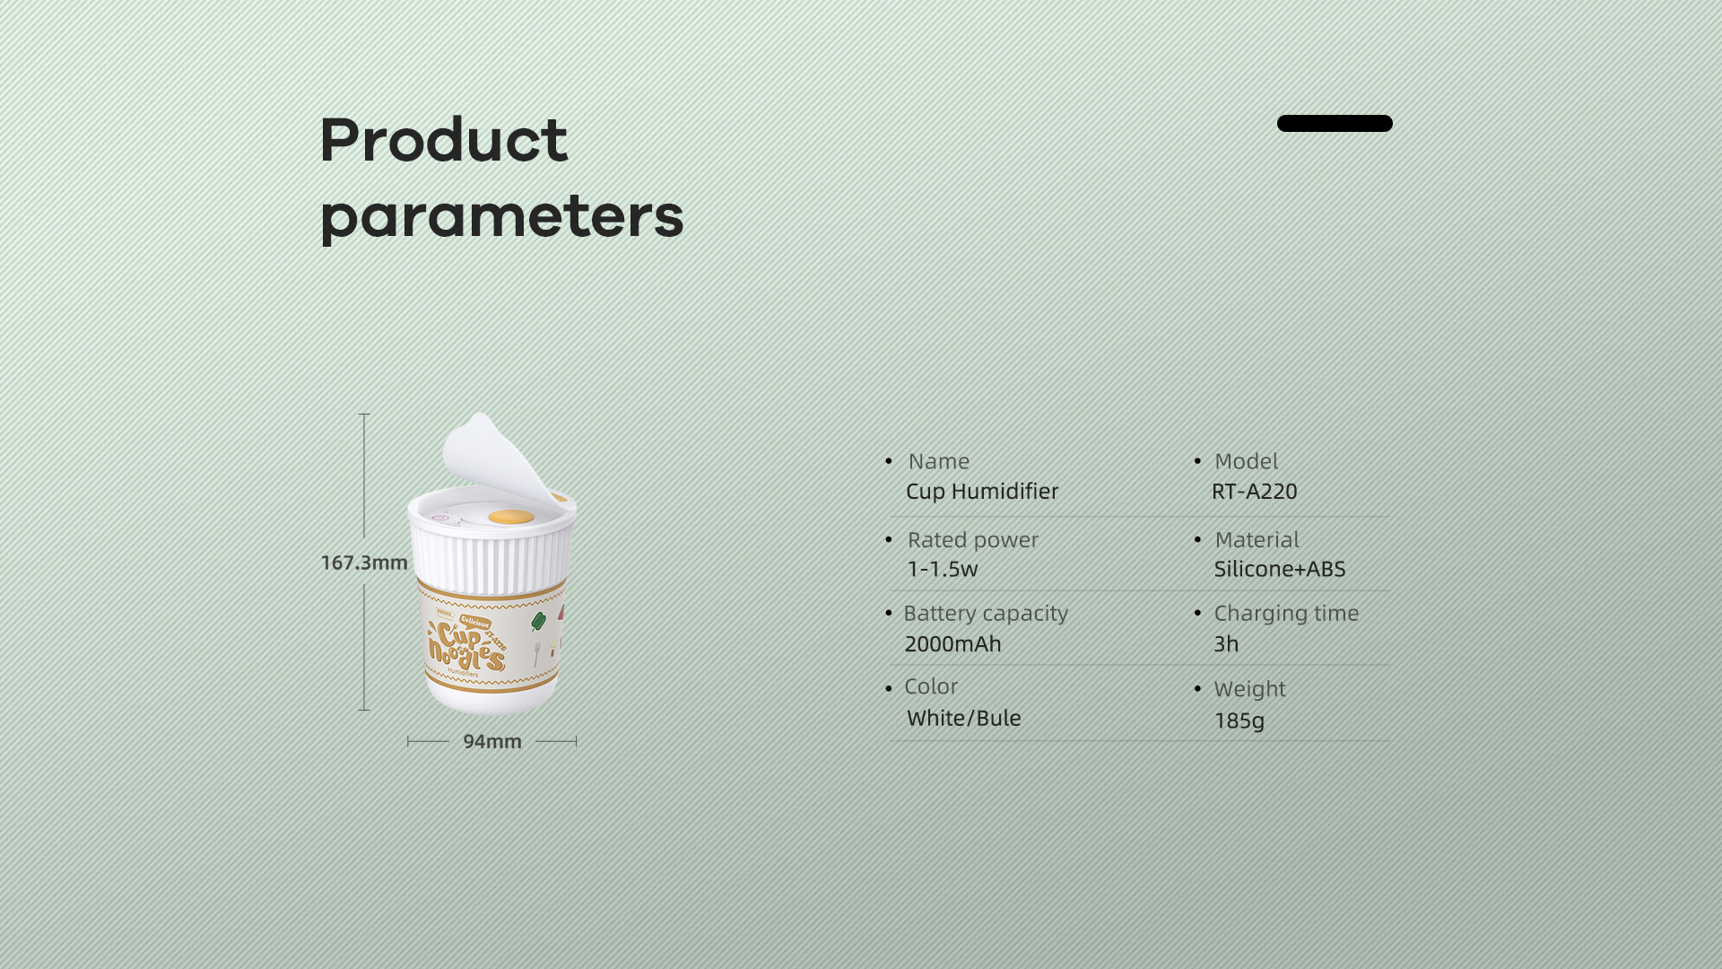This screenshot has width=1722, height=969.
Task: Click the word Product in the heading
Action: [x=444, y=140]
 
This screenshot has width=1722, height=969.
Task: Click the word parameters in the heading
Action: [x=502, y=218]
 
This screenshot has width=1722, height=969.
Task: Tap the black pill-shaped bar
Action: [x=1335, y=123]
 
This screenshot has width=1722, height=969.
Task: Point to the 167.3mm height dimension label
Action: [x=364, y=563]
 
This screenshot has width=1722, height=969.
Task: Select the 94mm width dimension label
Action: [x=492, y=741]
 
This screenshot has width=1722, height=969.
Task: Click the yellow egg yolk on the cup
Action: [x=511, y=516]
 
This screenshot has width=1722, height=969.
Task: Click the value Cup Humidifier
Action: [x=982, y=492]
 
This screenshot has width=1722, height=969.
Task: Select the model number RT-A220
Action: [x=1255, y=492]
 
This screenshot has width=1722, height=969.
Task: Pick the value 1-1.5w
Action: [x=943, y=569]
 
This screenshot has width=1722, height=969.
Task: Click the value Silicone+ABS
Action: [x=1280, y=569]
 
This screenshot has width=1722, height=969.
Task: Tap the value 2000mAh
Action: [x=952, y=644]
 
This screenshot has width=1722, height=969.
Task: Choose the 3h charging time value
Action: [x=1226, y=644]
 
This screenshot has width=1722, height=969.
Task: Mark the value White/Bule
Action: [x=964, y=718]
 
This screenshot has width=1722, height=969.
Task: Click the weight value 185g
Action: [x=1239, y=720]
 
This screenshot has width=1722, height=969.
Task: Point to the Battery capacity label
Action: [x=986, y=614]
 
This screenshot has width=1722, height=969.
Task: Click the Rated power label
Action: [x=973, y=540]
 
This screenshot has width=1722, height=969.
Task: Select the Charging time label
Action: [x=1286, y=614]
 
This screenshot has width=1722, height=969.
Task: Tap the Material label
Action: [x=1257, y=540]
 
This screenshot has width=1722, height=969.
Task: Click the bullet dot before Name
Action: [x=889, y=461]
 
